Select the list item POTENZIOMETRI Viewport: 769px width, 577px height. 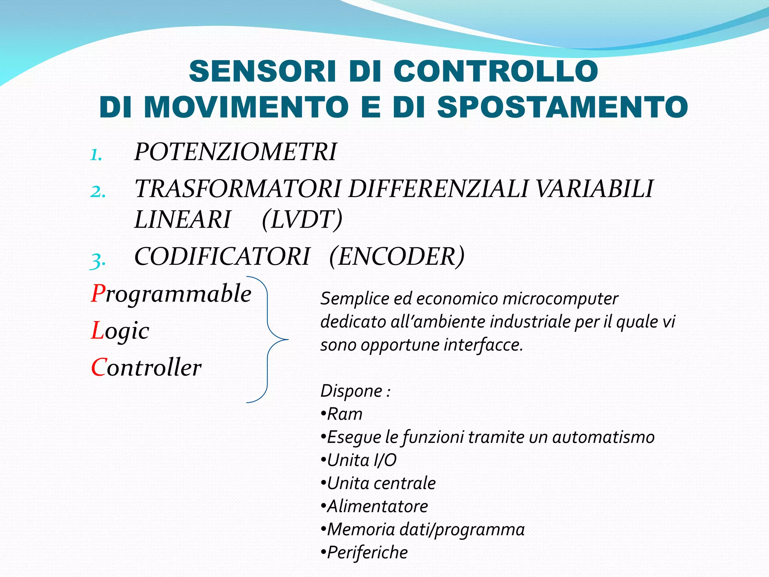click(235, 152)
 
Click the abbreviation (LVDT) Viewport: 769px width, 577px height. click(302, 219)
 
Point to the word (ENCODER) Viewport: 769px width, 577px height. click(397, 257)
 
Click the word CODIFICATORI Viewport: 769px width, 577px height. click(222, 257)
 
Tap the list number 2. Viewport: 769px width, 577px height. click(98, 192)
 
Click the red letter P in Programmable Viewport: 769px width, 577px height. click(98, 293)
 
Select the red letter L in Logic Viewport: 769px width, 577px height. click(97, 331)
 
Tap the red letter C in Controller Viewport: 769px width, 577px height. click(98, 367)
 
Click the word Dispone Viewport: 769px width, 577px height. click(351, 391)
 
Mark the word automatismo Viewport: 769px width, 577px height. click(603, 437)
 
